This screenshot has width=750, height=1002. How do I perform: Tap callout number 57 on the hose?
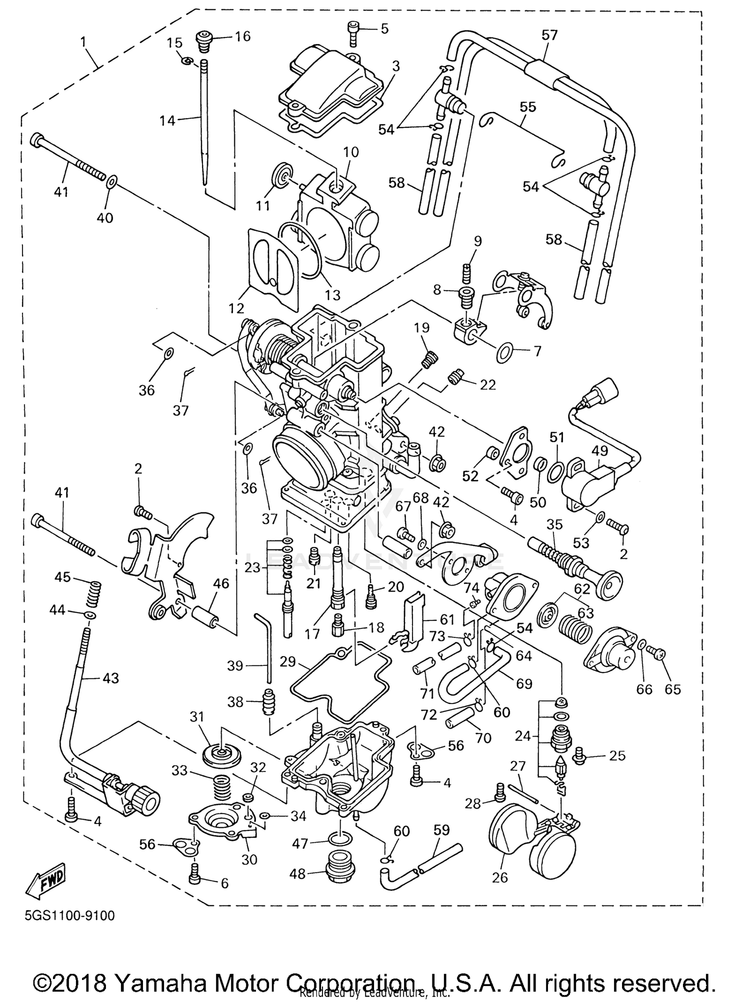(549, 35)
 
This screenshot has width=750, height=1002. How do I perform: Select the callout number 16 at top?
(242, 36)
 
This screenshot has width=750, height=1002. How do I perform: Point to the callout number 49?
(599, 450)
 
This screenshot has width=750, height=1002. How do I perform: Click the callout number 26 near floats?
(500, 891)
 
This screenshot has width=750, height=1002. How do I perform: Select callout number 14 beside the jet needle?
(168, 120)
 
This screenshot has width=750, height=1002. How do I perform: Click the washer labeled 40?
(112, 180)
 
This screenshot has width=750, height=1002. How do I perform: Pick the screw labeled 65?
(655, 652)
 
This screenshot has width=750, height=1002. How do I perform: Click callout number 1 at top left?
(83, 41)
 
